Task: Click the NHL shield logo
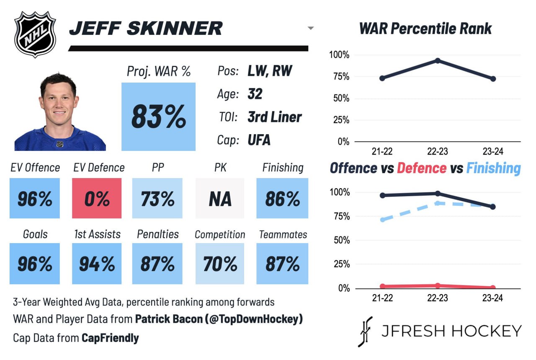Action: pos(35,34)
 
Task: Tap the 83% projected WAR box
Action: pos(158,117)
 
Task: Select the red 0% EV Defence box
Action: pos(97,198)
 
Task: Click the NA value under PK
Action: pos(220,199)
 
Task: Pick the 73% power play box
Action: pos(157,198)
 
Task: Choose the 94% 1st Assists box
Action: pos(97,264)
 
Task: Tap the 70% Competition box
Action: pos(220,264)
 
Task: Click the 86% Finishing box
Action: pos(282,198)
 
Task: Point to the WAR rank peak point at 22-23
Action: pos(438,60)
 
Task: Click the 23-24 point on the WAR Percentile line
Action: pos(493,79)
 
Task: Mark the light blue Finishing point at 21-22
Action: pos(382,220)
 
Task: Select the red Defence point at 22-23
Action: pos(438,285)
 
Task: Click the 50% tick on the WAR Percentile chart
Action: pos(341,98)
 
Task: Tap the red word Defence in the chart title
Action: pos(422,168)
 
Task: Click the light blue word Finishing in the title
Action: pos(494,168)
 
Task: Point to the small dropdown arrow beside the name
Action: pos(311,28)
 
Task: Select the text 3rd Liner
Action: pos(274,117)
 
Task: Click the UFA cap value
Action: pos(259,140)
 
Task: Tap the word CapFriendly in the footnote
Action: pos(110,338)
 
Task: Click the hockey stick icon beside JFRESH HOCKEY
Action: pos(365,332)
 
